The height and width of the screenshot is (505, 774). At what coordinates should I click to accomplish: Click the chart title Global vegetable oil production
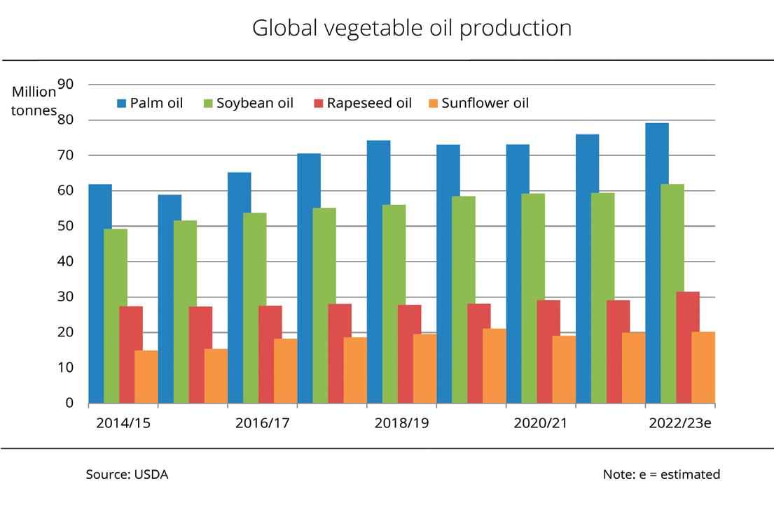click(x=412, y=29)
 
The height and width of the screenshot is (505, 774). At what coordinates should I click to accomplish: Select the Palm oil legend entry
click(x=150, y=104)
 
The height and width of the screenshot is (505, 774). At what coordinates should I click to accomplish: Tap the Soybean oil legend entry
click(x=247, y=104)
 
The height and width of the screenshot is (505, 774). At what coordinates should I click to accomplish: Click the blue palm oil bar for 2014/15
click(x=100, y=294)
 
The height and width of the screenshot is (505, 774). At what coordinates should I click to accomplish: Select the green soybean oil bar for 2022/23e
click(x=672, y=294)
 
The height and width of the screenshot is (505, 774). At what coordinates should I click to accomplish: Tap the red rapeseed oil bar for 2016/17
click(x=270, y=354)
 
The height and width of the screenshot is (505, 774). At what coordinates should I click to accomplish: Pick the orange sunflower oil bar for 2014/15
click(x=146, y=377)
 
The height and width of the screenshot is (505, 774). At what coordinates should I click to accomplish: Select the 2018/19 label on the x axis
click(x=402, y=423)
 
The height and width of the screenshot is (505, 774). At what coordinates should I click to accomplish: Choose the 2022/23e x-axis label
click(x=680, y=423)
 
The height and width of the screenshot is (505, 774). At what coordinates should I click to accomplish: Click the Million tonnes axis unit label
click(x=34, y=101)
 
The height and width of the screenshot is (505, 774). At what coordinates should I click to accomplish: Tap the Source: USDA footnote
click(x=127, y=474)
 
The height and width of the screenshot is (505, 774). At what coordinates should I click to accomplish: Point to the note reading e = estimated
click(x=661, y=474)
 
